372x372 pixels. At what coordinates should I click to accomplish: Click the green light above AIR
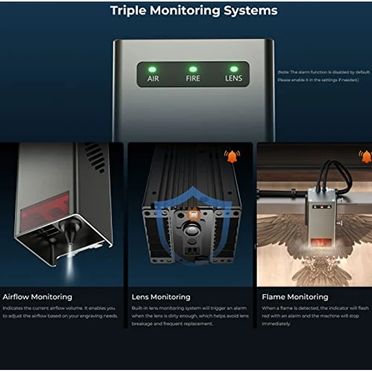[x=152, y=69]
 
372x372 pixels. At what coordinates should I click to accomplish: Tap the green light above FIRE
[x=193, y=69]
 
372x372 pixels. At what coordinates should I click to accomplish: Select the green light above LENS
[x=234, y=69]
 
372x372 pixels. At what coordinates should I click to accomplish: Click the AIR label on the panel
[x=153, y=79]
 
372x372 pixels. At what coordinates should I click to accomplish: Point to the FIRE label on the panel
[x=193, y=78]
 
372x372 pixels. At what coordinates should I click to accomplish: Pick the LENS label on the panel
[x=234, y=78]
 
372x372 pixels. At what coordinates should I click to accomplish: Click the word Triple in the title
[x=128, y=11]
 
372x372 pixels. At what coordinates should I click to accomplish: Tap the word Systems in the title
[x=251, y=11]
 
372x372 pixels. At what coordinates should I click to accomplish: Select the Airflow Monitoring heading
[x=37, y=297]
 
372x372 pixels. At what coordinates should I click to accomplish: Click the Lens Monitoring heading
[x=161, y=297]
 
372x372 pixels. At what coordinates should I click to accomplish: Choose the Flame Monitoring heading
[x=295, y=297]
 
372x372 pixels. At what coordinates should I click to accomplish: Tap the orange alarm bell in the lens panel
[x=232, y=156]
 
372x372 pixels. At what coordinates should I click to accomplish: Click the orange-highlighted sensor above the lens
[x=194, y=215]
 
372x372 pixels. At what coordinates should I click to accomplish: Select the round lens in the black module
[x=191, y=229]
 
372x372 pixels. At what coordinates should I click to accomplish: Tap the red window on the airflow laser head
[x=44, y=212]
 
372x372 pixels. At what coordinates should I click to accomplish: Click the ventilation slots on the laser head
[x=96, y=157]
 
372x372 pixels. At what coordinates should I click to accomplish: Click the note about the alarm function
[x=323, y=76]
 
